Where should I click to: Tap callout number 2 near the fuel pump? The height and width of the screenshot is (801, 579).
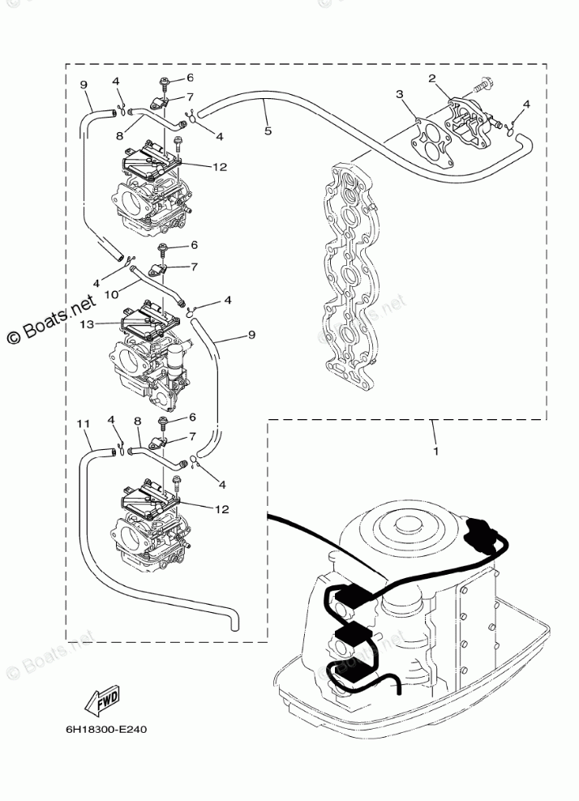(x=432, y=79)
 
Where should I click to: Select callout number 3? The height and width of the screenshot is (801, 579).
(x=400, y=95)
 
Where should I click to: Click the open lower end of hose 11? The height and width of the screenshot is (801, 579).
(x=234, y=624)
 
